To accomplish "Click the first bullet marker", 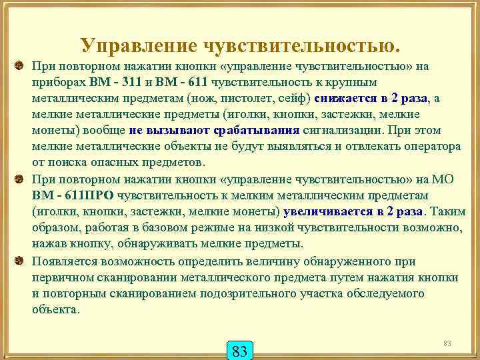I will (x=19, y=66).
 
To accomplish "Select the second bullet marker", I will (x=19, y=179).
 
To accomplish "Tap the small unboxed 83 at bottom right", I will (x=447, y=344).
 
